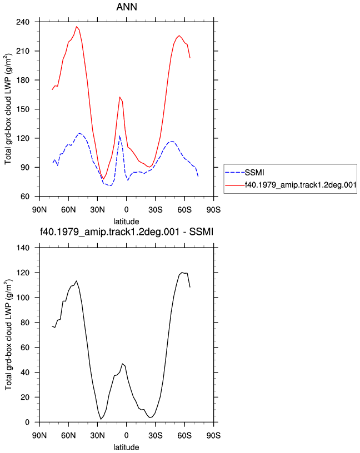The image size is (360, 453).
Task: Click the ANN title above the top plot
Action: (x=127, y=7)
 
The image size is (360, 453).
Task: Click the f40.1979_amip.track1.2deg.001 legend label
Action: (x=301, y=185)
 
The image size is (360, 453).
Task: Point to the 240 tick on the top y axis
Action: (x=23, y=22)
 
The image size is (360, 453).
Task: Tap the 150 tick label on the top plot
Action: (x=23, y=109)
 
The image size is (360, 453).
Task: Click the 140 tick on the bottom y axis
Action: (x=23, y=248)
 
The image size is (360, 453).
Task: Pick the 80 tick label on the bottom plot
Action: (x=25, y=323)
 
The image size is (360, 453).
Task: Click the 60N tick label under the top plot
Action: (x=68, y=209)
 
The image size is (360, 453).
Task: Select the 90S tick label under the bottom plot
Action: (x=213, y=435)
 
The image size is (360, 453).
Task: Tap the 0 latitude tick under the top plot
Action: (x=126, y=209)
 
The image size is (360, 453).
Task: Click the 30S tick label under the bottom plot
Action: (x=156, y=435)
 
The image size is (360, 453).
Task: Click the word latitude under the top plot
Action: (x=126, y=222)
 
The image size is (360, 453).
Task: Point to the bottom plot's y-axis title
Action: (x=9, y=335)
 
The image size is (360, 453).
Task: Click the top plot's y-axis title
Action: (x=9, y=109)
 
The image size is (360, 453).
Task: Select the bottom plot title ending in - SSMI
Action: (x=127, y=231)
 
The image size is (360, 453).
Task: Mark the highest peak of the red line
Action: (x=77, y=27)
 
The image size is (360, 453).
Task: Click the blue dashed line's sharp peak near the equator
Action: (x=119, y=135)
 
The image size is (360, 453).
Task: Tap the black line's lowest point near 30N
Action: (x=101, y=419)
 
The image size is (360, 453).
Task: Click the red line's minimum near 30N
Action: (x=103, y=179)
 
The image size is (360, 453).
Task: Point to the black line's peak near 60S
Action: (x=182, y=273)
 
